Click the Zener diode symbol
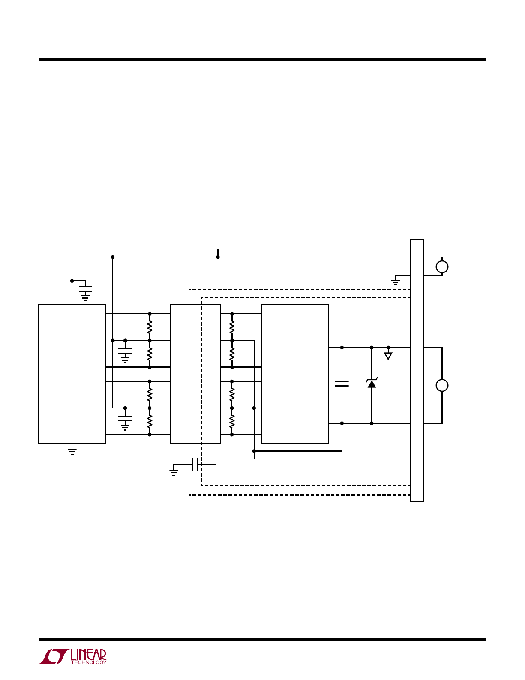tap(372, 384)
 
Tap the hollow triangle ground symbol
tap(388, 356)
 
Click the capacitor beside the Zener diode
tap(342, 384)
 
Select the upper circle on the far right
tap(442, 267)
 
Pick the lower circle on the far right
tap(442, 386)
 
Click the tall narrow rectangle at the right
tap(417, 370)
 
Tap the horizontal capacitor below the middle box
tap(195, 464)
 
